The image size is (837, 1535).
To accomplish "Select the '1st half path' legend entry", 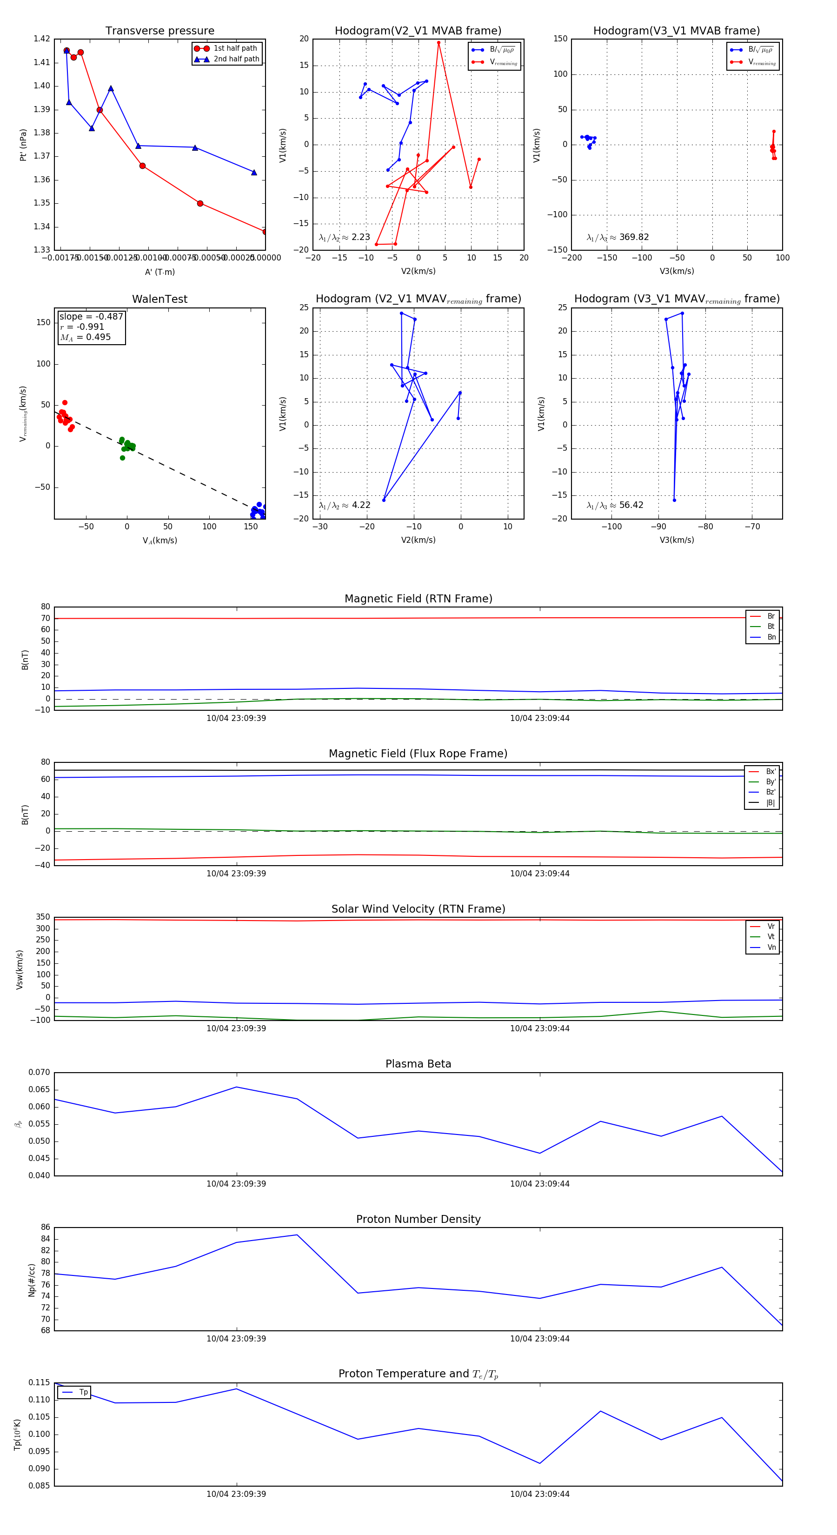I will click(x=235, y=48).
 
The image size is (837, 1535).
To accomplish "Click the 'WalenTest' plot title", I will click(x=159, y=299).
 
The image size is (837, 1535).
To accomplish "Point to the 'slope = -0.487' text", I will click(x=91, y=316).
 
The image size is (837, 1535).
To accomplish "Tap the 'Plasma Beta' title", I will click(x=418, y=1064).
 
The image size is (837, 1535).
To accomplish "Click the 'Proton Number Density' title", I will click(x=418, y=1219).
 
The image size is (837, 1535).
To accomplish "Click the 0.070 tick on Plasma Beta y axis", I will click(x=40, y=1073).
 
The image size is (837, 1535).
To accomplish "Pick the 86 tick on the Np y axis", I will click(x=45, y=1228).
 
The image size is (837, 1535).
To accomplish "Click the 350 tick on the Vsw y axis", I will click(x=43, y=917).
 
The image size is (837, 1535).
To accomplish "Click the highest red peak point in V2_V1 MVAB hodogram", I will click(x=438, y=42).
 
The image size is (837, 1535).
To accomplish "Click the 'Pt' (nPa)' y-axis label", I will click(x=23, y=145).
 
